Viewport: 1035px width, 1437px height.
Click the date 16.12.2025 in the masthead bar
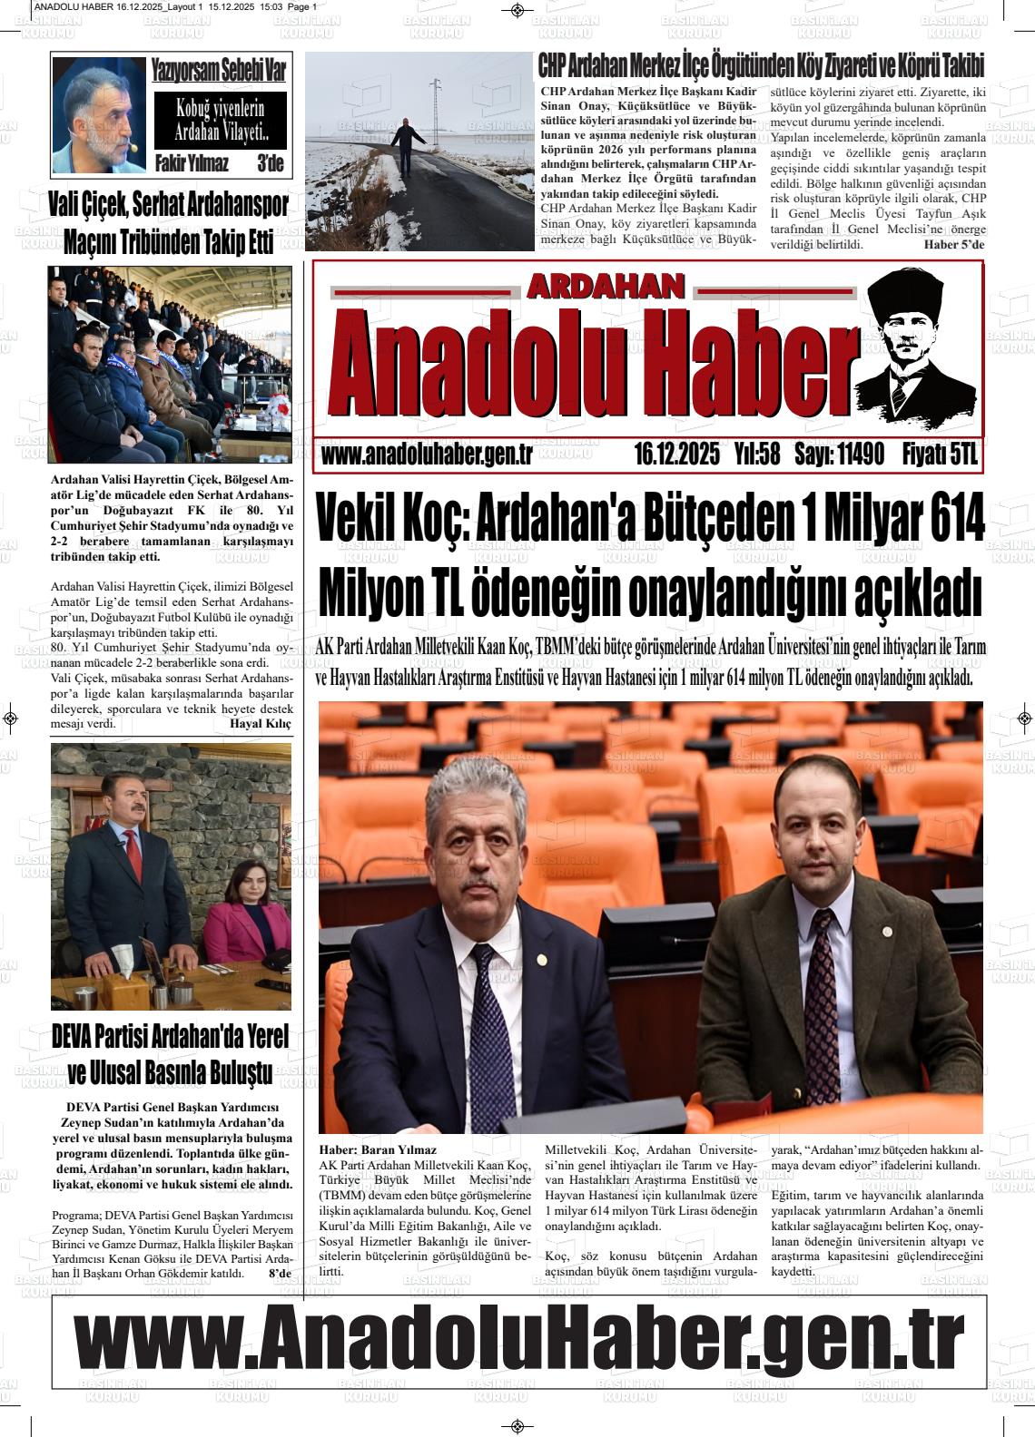(x=676, y=455)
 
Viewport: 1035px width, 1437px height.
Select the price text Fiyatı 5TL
(x=940, y=455)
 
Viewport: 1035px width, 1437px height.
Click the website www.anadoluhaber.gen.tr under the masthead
(x=427, y=455)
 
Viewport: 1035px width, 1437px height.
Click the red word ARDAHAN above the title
(x=605, y=288)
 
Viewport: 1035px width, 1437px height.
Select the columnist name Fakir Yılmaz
(x=192, y=164)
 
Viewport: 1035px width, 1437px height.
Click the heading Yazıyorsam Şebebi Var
(x=218, y=71)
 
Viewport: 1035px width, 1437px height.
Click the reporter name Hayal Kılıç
(x=261, y=723)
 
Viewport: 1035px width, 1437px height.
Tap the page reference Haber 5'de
(x=954, y=245)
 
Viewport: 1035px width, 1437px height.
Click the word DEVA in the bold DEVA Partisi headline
(x=79, y=1036)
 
